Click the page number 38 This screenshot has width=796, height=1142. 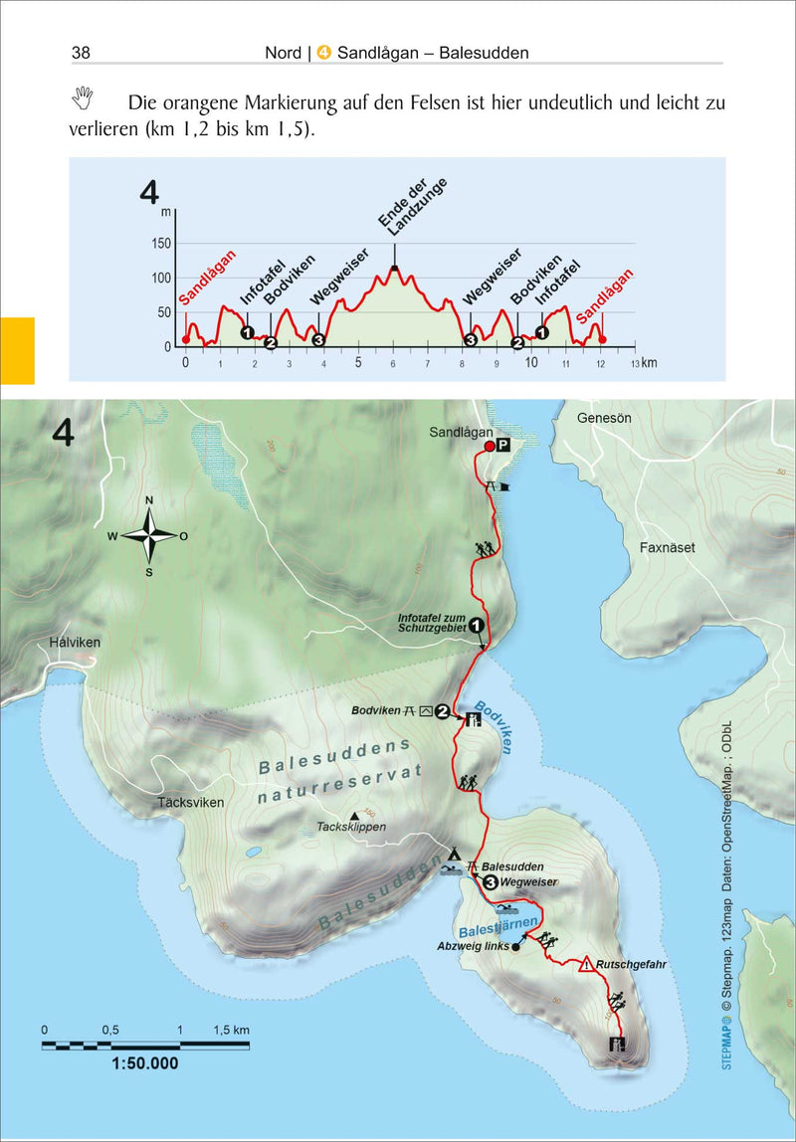pyautogui.click(x=81, y=51)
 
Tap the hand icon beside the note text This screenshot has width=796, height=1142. pyautogui.click(x=83, y=97)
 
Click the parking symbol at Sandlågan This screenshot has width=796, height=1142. pyautogui.click(x=503, y=447)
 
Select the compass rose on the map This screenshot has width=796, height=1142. pyautogui.click(x=149, y=535)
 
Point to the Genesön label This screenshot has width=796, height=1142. pyautogui.click(x=604, y=419)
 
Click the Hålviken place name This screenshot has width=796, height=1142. pyautogui.click(x=75, y=643)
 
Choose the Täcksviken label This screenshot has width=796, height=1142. pyautogui.click(x=191, y=802)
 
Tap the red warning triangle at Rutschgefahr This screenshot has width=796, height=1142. pyautogui.click(x=587, y=963)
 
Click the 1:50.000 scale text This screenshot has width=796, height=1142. pyautogui.click(x=138, y=1063)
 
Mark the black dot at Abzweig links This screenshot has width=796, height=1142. pyautogui.click(x=515, y=947)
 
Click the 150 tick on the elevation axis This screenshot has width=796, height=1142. pyautogui.click(x=159, y=244)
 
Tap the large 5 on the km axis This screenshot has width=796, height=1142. pyautogui.click(x=357, y=363)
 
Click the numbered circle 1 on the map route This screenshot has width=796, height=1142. pyautogui.click(x=477, y=626)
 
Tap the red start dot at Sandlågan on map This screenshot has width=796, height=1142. pyautogui.click(x=489, y=448)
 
